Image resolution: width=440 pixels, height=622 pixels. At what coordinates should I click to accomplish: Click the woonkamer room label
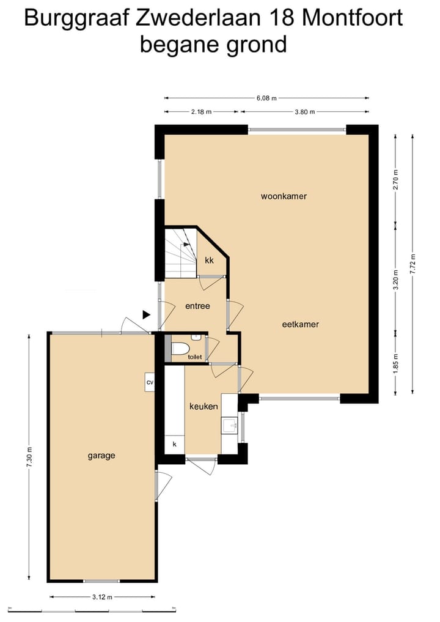284,196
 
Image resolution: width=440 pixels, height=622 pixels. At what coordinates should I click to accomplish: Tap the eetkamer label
300,324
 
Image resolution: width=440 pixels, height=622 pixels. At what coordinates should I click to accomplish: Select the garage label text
101,455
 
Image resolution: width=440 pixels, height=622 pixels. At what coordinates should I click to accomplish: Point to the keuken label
204,406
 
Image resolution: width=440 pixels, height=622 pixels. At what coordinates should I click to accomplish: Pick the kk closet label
209,260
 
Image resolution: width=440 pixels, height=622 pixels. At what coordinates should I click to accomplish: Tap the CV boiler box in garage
149,382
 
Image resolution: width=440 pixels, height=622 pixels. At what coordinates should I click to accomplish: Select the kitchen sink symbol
230,425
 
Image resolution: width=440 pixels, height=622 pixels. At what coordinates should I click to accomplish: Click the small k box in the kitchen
174,444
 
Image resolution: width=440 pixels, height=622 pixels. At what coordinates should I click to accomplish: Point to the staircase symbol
180,251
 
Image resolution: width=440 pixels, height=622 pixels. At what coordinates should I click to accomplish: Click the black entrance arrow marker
146,314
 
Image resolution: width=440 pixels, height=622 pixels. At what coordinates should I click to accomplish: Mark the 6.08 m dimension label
266,98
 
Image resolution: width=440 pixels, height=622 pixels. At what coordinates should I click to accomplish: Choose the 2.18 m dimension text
201,112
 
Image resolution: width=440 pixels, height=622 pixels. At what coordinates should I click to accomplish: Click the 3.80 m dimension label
304,112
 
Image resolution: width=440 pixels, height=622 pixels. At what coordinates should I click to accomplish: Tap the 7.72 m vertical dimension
414,264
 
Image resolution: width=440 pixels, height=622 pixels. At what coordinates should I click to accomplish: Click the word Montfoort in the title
353,19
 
